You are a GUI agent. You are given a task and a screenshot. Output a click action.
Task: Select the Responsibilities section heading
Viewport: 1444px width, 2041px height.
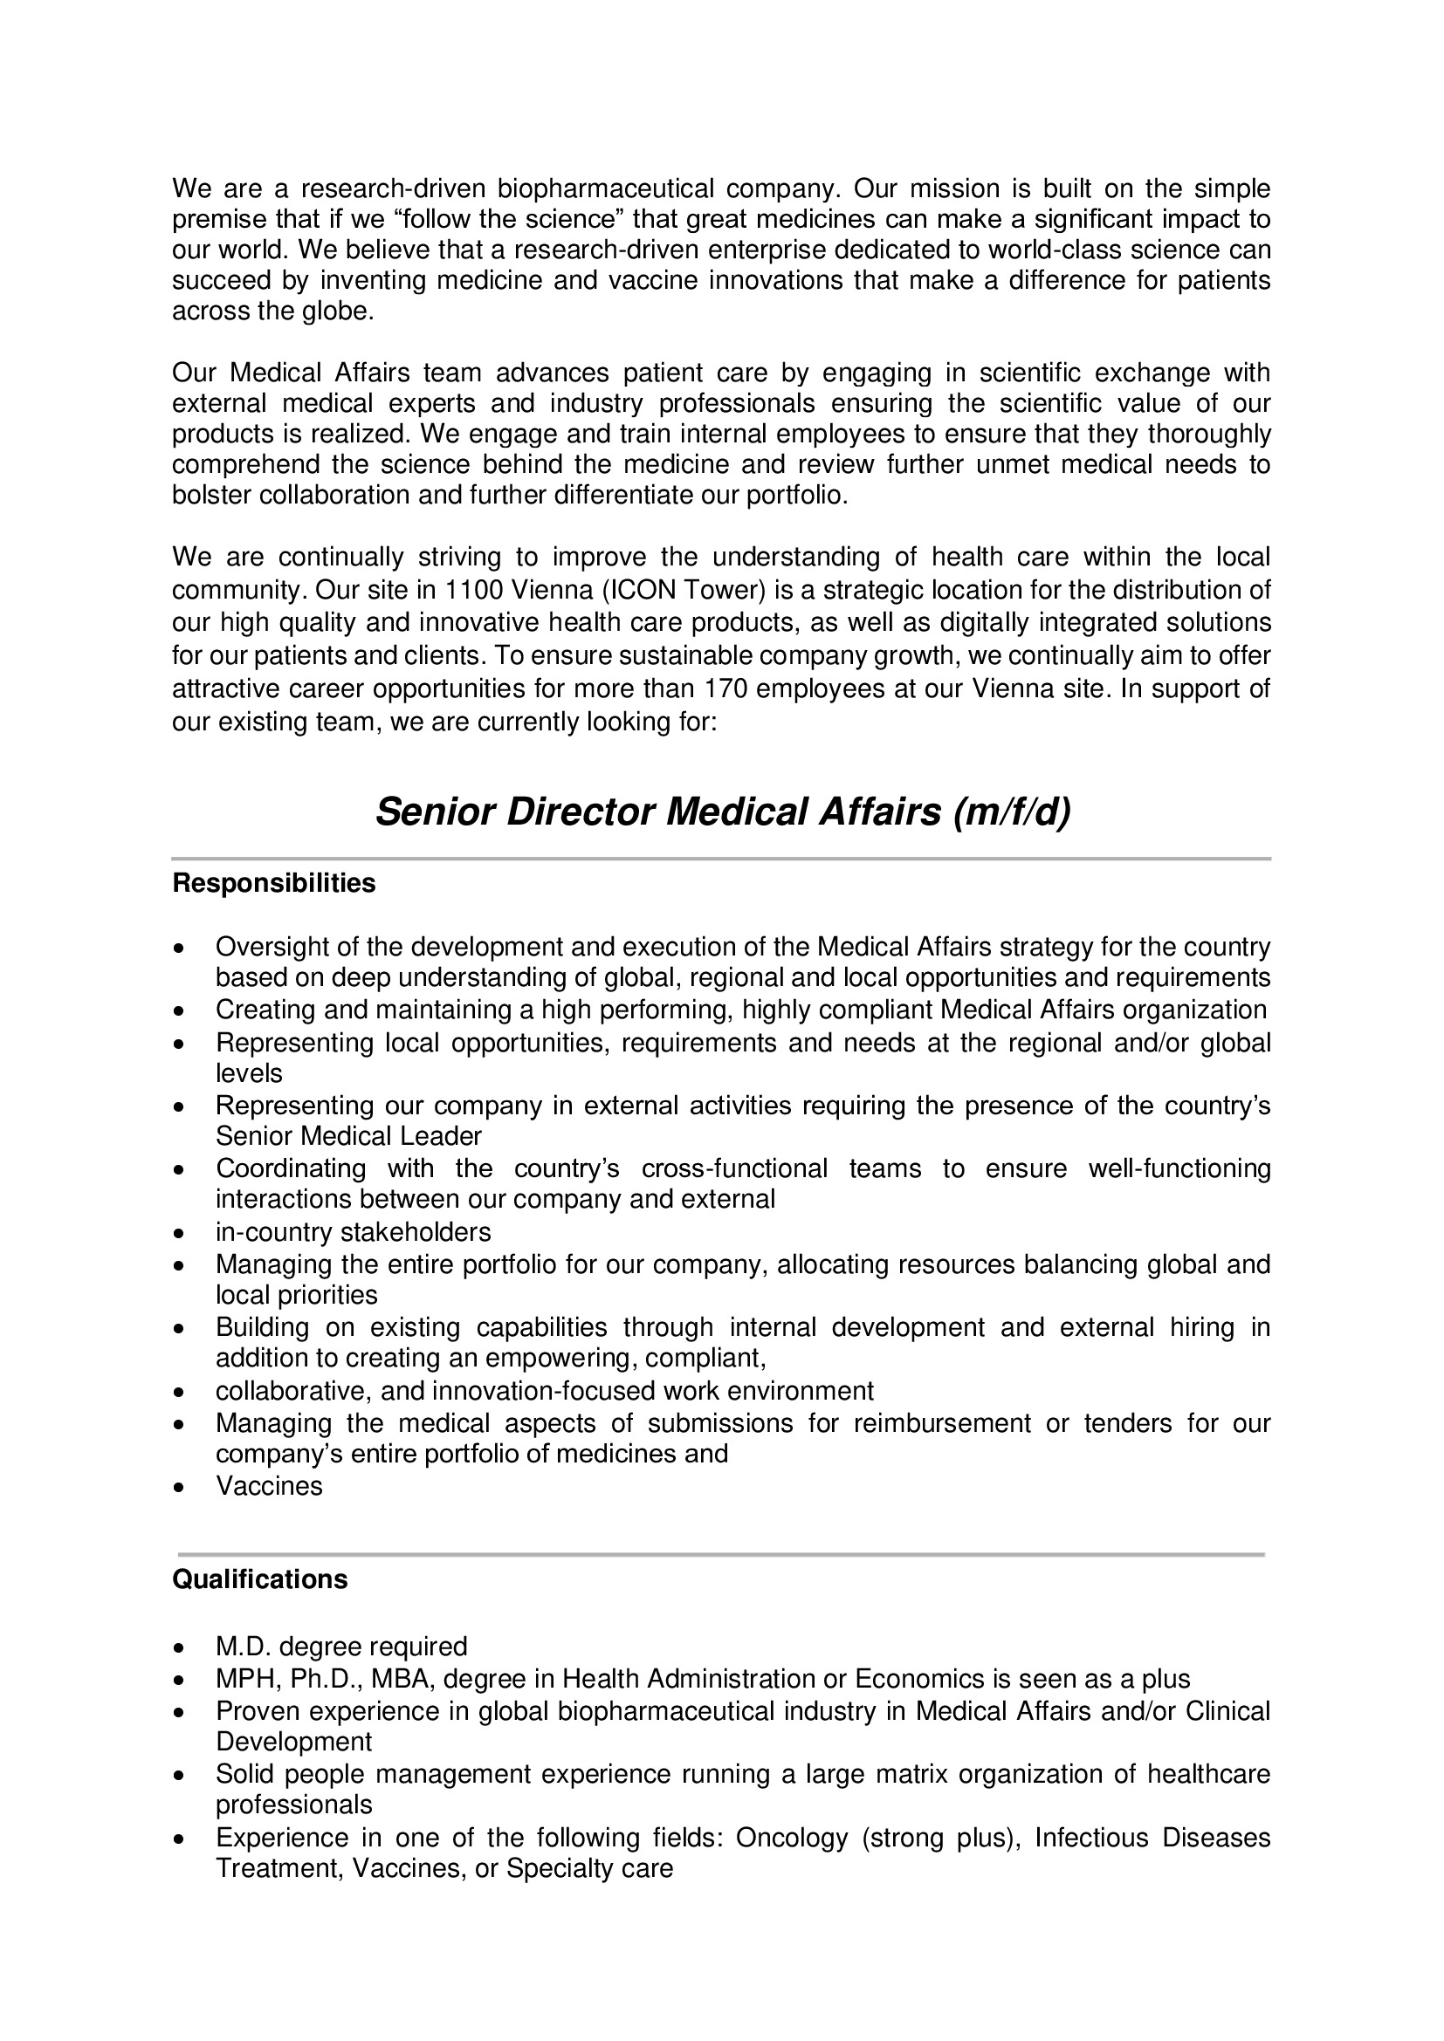click(x=274, y=884)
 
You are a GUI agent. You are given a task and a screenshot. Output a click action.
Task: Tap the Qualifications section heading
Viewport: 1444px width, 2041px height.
click(x=259, y=1579)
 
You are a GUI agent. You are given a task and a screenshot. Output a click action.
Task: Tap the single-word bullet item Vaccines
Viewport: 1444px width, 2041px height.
click(x=269, y=1486)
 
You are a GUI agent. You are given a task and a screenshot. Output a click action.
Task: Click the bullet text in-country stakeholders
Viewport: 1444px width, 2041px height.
click(x=353, y=1232)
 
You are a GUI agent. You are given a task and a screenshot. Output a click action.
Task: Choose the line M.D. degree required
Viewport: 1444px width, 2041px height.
click(x=341, y=1647)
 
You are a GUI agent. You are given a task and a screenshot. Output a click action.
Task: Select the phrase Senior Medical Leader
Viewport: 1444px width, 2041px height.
click(x=348, y=1136)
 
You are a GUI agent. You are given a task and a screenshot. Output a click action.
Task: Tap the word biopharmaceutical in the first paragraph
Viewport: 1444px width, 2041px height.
click(x=605, y=188)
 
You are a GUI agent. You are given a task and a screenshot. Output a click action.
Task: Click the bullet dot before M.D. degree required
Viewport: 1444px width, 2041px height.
click(x=181, y=1648)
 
